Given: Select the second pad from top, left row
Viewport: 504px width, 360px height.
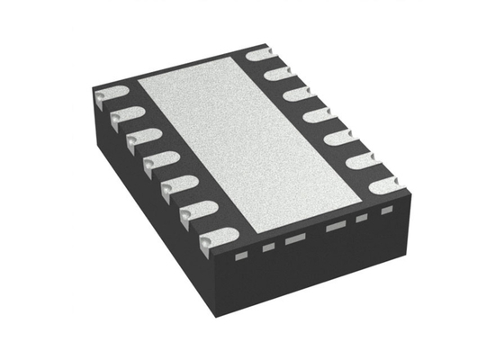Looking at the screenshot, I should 125,116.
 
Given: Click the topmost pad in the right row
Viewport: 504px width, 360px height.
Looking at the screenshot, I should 261,54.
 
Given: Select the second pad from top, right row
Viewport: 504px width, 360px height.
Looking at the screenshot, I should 280,72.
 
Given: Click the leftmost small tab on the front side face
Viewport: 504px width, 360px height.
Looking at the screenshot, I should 240,256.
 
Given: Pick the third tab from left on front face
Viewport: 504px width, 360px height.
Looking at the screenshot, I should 294,239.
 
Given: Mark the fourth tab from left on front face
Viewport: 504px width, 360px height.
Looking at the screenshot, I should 337,227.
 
